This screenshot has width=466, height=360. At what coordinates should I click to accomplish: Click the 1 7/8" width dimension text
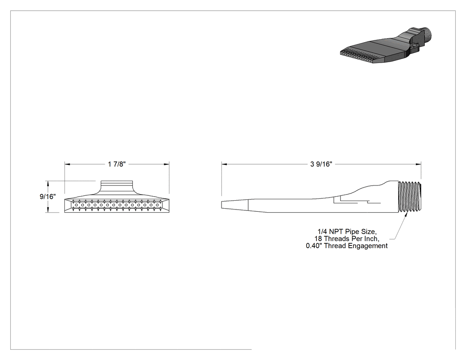coord(117,164)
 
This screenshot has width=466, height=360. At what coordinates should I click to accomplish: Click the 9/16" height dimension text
coord(47,197)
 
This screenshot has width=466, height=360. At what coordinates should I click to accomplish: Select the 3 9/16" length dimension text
coord(321,164)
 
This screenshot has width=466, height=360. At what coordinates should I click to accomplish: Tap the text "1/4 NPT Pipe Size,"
coord(347,232)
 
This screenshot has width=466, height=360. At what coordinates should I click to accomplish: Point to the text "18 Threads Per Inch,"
coord(347,239)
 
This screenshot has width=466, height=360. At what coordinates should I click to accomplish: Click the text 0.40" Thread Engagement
coord(347,246)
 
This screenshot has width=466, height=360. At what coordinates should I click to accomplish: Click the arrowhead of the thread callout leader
coord(406,214)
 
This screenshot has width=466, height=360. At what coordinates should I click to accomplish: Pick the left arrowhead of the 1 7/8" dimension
coord(67,164)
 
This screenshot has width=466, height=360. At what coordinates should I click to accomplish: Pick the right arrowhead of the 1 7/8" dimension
coord(167,164)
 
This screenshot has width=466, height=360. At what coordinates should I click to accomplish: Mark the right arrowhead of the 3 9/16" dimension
coord(419,164)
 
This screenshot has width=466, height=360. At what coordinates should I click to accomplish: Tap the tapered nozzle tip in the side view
coord(235,205)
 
